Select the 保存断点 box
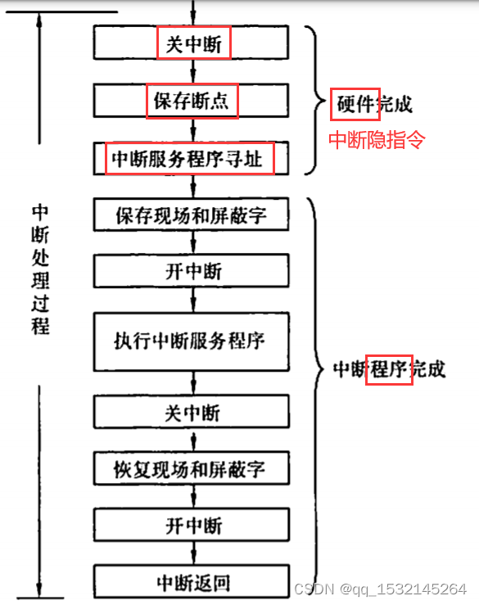192,102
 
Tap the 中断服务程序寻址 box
192,158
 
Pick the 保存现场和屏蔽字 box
192,215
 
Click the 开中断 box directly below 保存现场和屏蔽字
192,270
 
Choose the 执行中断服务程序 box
192,340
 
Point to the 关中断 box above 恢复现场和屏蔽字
192,411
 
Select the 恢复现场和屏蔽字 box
192,469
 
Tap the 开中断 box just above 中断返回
192,525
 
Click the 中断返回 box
192,582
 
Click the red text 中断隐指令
377,140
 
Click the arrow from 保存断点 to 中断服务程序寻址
192,129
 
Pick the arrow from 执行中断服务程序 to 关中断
192,383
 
